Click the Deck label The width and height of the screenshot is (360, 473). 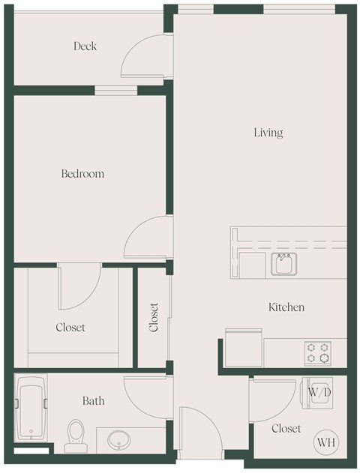coord(85,46)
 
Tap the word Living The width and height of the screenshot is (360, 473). coord(268,133)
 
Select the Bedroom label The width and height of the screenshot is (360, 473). coord(82,174)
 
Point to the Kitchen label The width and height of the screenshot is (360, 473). coord(286,307)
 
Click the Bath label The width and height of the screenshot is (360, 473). coord(94,401)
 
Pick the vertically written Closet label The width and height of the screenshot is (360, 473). coord(154,317)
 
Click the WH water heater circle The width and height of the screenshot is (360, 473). coord(325,442)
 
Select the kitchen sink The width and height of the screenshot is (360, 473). coord(283,264)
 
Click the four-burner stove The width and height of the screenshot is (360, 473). coord(316,351)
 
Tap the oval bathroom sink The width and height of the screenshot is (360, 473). coord(118,440)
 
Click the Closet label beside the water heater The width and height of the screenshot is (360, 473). coord(286,429)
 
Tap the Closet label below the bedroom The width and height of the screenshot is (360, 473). coord(70,328)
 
